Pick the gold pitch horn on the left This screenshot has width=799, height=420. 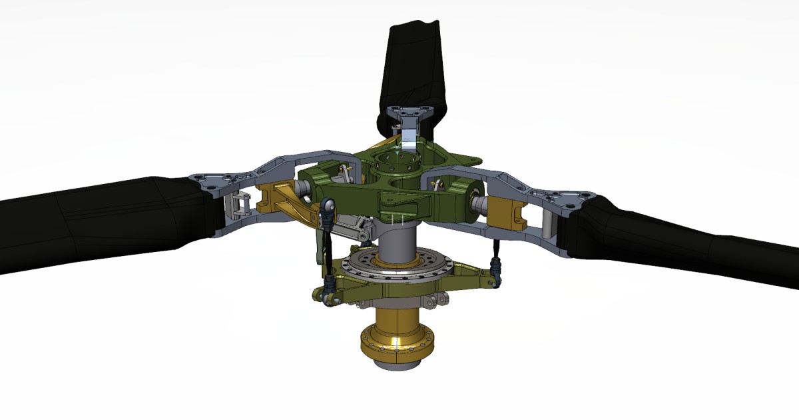[286, 200]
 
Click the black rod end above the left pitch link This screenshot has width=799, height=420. [327, 210]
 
